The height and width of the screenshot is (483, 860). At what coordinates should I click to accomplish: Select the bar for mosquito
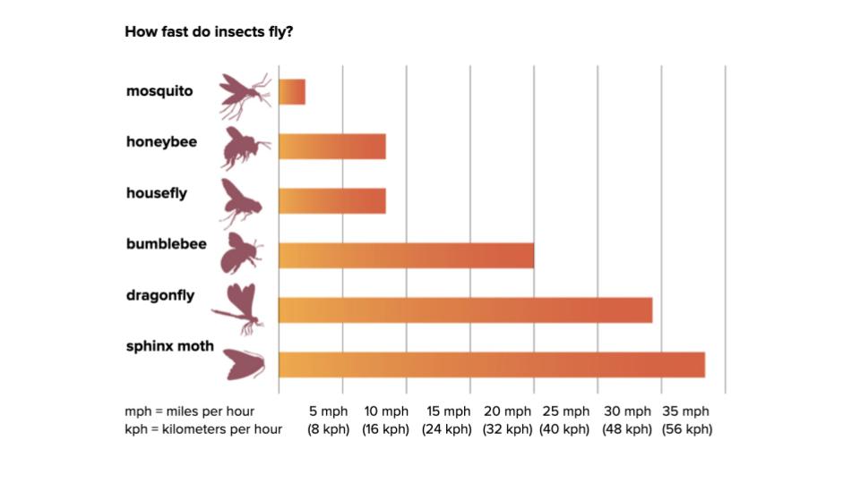292,92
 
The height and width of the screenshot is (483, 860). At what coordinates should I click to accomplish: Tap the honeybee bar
332,146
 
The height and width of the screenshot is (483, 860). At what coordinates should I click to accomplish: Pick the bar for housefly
332,200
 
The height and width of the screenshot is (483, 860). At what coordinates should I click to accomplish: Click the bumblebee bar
406,255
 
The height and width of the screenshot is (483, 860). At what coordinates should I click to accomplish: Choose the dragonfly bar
465,309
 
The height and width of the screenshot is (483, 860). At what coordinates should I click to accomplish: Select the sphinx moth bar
492,365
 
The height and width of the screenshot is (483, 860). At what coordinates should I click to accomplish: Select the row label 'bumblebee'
167,243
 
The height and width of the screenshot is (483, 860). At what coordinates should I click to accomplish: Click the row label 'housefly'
157,192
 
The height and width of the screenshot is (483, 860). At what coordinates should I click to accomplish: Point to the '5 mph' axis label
328,411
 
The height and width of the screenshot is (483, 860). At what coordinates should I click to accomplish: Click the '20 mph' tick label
507,411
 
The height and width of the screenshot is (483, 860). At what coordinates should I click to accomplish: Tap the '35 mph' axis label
686,411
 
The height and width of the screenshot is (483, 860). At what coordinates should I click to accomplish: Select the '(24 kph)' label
447,429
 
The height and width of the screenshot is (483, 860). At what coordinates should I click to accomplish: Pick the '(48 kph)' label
626,429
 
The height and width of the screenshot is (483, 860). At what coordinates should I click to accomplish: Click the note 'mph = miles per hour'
189,411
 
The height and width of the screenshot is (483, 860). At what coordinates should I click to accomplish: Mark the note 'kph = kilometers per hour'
203,429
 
